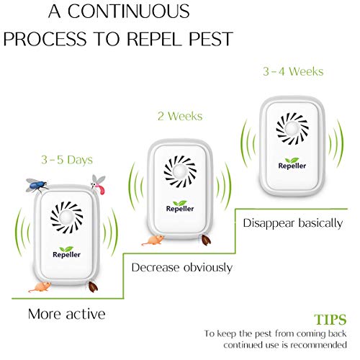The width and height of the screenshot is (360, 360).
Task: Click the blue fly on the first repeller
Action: [x=37, y=186]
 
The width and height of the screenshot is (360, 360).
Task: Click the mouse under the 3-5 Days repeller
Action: [x=40, y=287]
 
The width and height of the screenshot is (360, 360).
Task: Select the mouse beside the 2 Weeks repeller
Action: [x=153, y=240]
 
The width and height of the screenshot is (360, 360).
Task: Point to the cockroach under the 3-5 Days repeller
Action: [x=93, y=287]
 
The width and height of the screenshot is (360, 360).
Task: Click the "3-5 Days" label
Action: [x=67, y=160]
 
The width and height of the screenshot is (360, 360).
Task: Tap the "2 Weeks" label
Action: [x=180, y=117]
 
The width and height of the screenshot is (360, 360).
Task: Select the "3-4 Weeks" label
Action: [x=293, y=71]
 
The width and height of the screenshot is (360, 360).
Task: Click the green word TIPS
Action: [x=330, y=320]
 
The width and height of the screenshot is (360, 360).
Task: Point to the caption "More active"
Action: [x=67, y=314]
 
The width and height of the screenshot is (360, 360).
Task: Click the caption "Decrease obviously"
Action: [x=182, y=267]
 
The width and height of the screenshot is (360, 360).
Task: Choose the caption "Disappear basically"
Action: [x=293, y=223]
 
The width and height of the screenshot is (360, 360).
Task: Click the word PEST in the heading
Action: [x=211, y=39]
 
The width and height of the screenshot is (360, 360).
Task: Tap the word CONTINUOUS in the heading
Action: [x=129, y=11]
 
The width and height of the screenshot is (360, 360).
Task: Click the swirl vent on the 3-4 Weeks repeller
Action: [x=292, y=129]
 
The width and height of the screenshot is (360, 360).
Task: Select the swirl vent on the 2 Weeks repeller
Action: [x=180, y=171]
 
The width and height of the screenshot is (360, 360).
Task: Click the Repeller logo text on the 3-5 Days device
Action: [x=66, y=254]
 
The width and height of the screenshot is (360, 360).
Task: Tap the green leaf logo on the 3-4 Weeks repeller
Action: [x=292, y=160]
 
